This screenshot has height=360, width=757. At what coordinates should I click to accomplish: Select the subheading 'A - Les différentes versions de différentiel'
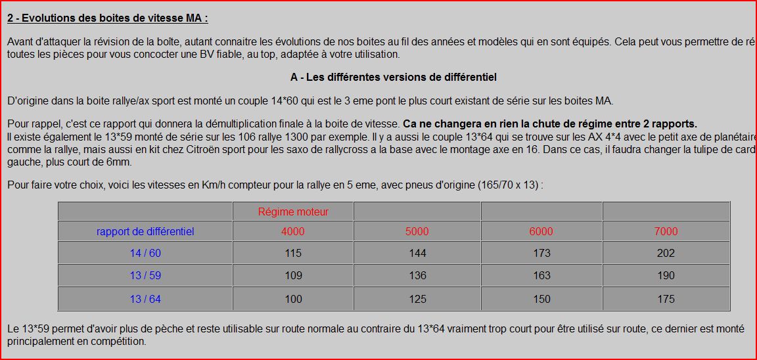(x=393, y=78)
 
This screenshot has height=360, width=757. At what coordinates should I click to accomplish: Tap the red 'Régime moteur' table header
(x=293, y=212)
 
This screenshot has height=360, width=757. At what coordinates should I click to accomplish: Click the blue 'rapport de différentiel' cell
(x=145, y=231)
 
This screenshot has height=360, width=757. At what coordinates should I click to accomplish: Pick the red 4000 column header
(x=292, y=231)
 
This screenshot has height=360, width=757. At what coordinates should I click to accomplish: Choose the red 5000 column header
(x=417, y=231)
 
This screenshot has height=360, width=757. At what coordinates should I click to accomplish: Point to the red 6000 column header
(x=541, y=231)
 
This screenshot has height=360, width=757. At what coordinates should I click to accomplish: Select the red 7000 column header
(x=666, y=231)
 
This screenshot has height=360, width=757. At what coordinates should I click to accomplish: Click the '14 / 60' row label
(x=145, y=253)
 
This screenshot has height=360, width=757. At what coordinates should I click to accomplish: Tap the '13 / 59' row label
(x=145, y=276)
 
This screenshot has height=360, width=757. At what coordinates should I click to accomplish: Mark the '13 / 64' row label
(x=145, y=299)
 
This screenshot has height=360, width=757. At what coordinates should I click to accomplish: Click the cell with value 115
(x=293, y=253)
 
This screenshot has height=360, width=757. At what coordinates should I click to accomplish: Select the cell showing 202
(x=666, y=253)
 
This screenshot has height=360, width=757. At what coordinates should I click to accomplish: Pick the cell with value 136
(x=417, y=276)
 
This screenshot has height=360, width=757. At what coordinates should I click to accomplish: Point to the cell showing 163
(x=541, y=276)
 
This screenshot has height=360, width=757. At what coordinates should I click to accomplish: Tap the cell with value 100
(x=293, y=299)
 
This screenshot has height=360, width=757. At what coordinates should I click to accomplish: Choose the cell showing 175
(x=666, y=299)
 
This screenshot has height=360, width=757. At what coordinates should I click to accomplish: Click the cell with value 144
(x=417, y=253)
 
